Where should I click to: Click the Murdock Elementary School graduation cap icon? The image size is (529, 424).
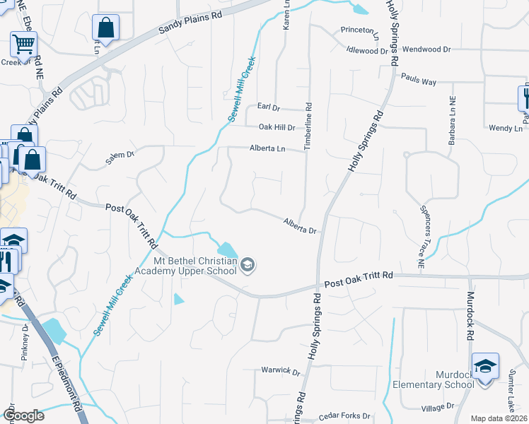click(485, 366)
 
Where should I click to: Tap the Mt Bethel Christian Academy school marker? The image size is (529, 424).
click(248, 266)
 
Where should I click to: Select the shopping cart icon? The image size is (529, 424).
click(23, 45)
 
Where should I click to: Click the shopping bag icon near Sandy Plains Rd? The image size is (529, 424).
click(105, 28)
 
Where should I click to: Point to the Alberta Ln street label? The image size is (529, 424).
click(267, 148)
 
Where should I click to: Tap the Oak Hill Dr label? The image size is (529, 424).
click(277, 127)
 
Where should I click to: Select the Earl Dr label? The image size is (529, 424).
click(269, 107)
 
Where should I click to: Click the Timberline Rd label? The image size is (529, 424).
click(308, 124)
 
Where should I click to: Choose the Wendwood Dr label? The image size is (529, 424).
click(426, 49)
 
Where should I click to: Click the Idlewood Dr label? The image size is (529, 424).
click(368, 50)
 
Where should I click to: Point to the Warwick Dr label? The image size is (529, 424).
click(281, 370)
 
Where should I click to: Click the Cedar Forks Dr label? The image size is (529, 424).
click(345, 416)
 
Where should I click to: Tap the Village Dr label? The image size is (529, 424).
click(438, 407)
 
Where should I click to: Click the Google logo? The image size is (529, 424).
click(23, 415)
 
